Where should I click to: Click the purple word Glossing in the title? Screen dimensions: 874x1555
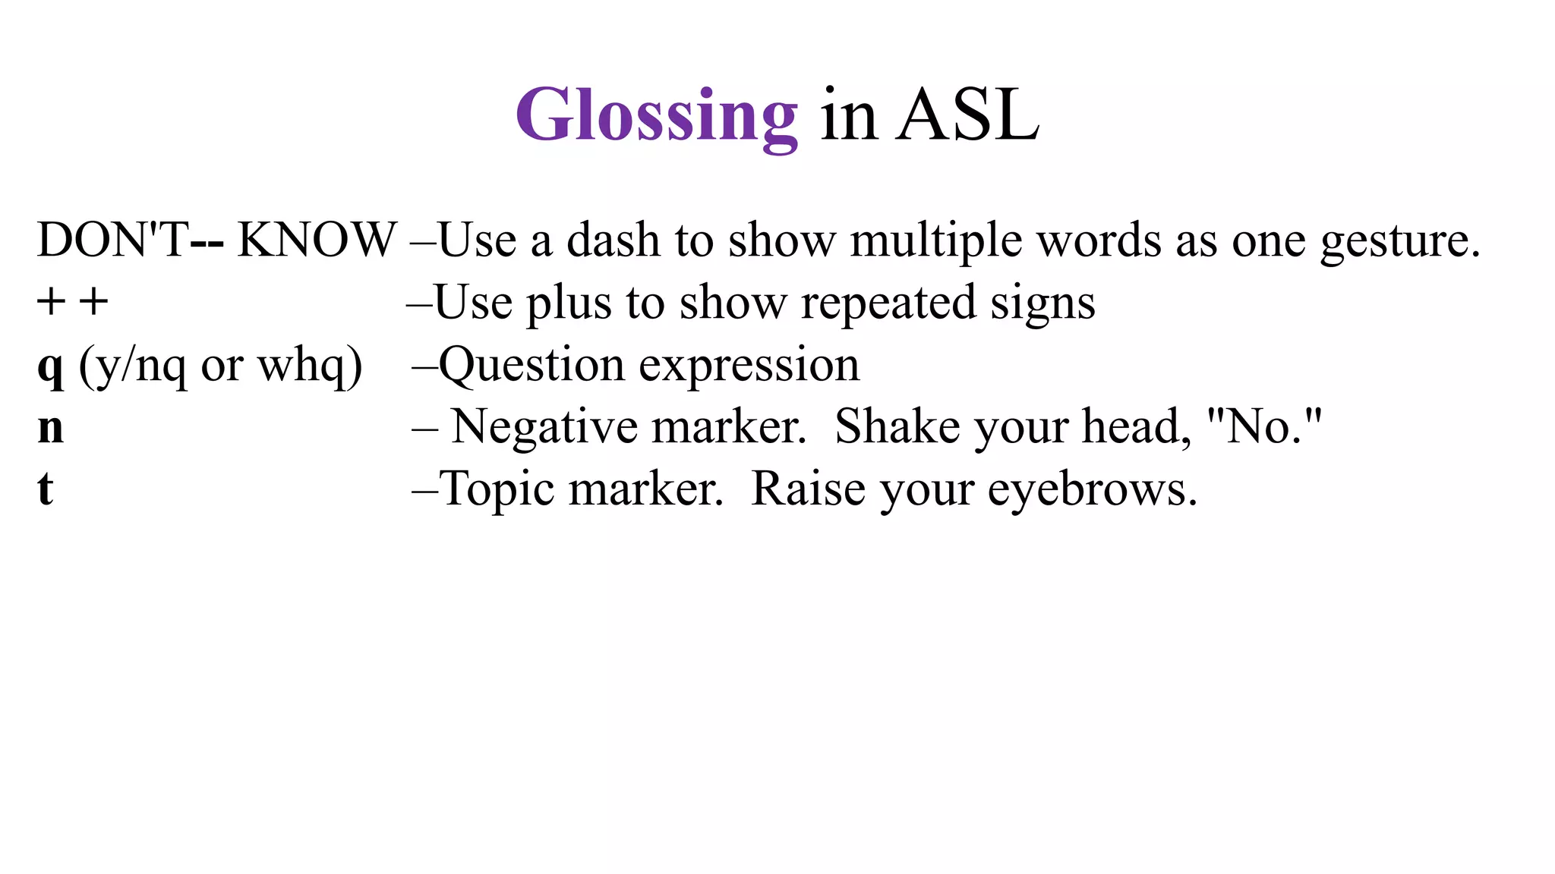click(656, 116)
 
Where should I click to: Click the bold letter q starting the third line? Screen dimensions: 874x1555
click(50, 367)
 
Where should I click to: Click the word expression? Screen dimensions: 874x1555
click(749, 367)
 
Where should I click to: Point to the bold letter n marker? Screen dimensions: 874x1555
click(50, 429)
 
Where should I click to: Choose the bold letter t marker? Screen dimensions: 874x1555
click(46, 489)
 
